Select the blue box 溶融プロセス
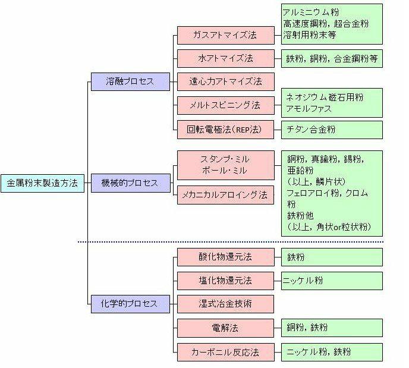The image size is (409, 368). click(x=130, y=81)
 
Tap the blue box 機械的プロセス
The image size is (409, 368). click(x=130, y=183)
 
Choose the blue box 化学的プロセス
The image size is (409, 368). click(x=130, y=304)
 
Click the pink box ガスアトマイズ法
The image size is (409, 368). click(x=225, y=35)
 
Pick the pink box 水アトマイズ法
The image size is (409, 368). click(x=225, y=58)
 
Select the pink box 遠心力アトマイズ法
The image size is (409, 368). click(x=225, y=81)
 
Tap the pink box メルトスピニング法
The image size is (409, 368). click(x=225, y=105)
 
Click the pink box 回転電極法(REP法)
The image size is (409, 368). click(x=225, y=128)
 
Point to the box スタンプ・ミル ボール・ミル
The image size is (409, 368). click(x=225, y=166)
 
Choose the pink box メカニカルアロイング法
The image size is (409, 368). click(x=225, y=195)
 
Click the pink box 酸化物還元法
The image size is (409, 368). click(x=225, y=257)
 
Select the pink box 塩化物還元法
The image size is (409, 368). click(x=225, y=281)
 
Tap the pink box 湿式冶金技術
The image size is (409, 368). click(x=225, y=304)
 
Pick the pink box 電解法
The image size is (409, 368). click(x=225, y=328)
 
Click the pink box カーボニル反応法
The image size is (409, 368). click(x=225, y=351)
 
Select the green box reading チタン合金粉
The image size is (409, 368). click(x=331, y=129)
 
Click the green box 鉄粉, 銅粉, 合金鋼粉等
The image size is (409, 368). click(x=331, y=59)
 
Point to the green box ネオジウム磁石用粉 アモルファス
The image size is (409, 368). click(x=331, y=102)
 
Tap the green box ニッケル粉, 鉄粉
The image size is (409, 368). click(x=331, y=351)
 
